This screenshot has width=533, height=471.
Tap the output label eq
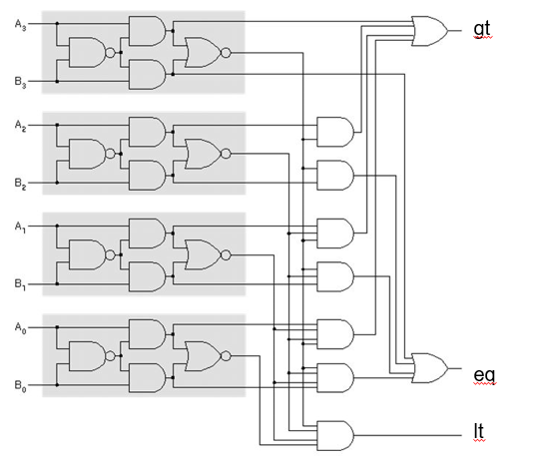pyautogui.click(x=485, y=374)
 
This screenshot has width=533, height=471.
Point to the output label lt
pyautogui.click(x=481, y=433)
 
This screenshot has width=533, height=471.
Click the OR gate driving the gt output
pyautogui.click(x=430, y=31)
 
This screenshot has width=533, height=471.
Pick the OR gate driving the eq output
pyautogui.click(x=430, y=367)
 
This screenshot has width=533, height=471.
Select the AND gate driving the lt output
pyautogui.click(x=332, y=434)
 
